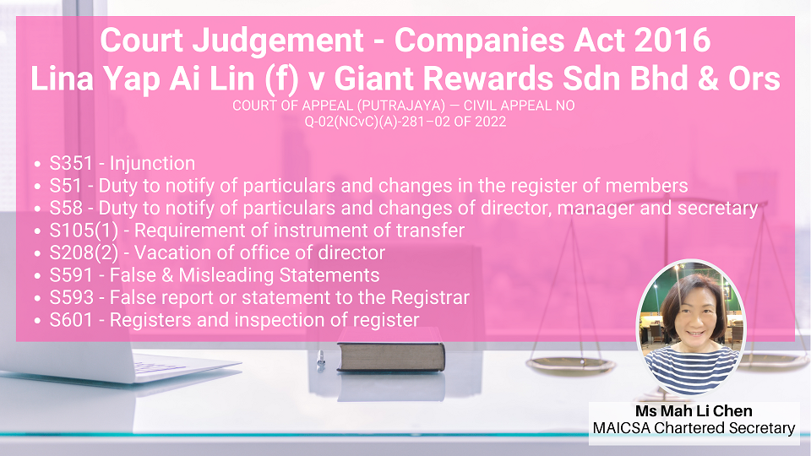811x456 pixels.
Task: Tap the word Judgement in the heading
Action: [x=278, y=41]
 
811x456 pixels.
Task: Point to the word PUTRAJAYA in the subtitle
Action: [x=400, y=106]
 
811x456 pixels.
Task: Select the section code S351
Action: [x=71, y=163]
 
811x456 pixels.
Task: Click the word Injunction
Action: [x=152, y=163]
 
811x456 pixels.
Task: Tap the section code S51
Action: [x=65, y=186]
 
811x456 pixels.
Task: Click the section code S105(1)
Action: [x=84, y=231]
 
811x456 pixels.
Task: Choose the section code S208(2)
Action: [x=84, y=252]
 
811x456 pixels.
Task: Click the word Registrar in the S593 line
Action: [x=430, y=298]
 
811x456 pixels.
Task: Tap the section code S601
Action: [x=71, y=320]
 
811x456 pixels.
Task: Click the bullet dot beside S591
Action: [x=37, y=276]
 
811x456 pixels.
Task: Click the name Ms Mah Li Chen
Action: [x=694, y=411]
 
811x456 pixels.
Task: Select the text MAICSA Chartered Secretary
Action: [x=694, y=429]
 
